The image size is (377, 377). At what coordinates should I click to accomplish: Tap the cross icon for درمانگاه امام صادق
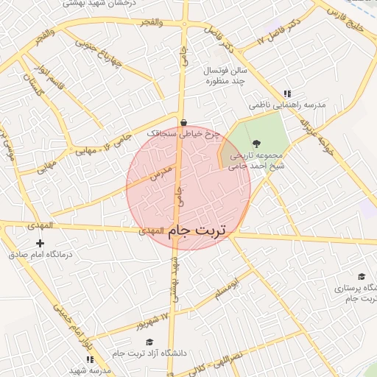40,243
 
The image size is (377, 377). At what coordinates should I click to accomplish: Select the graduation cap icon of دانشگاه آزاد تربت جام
150,342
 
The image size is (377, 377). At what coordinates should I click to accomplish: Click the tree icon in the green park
256,144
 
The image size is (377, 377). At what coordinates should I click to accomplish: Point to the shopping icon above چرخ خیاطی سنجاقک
183,123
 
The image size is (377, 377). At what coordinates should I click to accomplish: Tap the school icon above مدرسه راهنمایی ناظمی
286,94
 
